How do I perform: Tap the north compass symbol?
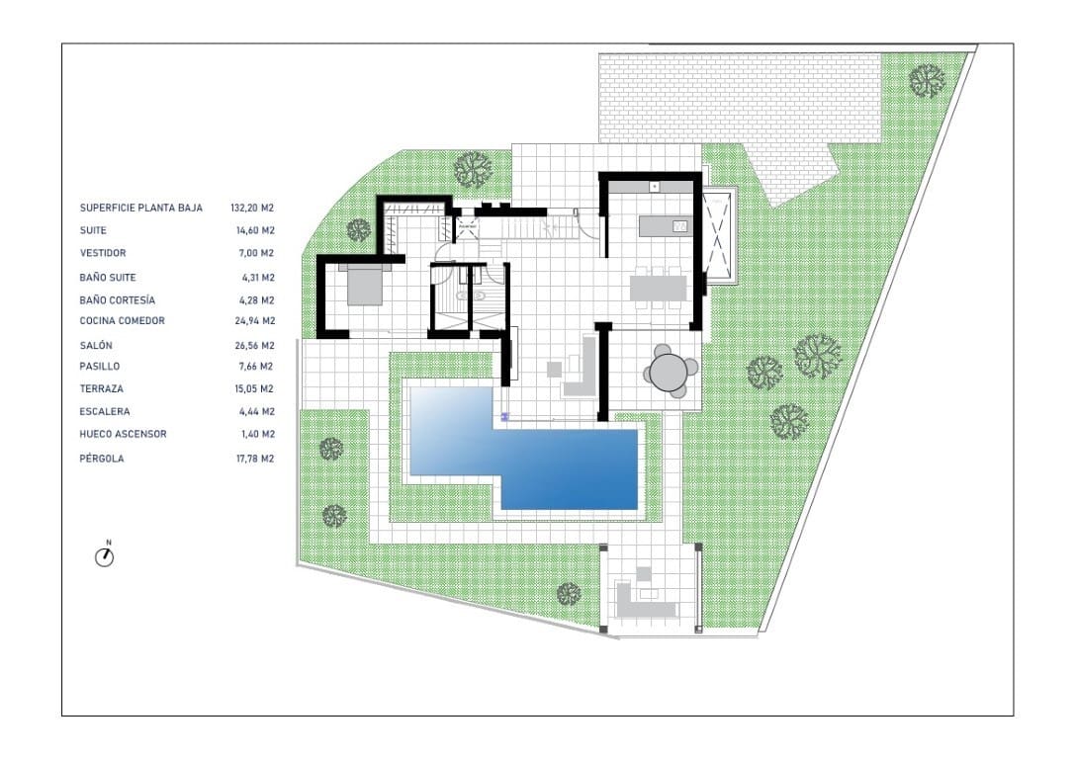104,555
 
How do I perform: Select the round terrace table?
669,372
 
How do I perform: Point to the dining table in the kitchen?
659,288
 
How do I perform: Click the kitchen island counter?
665,226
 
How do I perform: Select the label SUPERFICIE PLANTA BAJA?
141,208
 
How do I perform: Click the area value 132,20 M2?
252,208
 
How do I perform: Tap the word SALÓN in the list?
96,345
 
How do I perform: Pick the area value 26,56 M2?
254,346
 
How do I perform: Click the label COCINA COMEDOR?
122,320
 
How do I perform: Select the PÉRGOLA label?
102,459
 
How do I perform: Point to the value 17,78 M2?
255,459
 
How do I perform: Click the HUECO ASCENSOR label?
123,434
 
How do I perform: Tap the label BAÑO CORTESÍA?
118,300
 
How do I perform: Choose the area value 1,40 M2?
258,434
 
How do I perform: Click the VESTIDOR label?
103,253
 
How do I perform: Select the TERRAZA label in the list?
102,388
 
